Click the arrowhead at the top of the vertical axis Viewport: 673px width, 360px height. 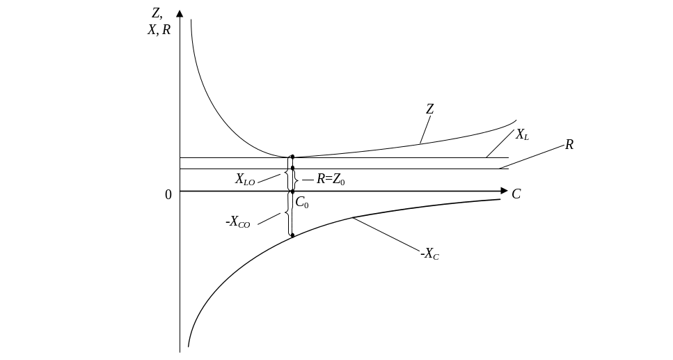(x=180, y=13)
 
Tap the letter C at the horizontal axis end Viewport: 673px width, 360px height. (x=516, y=194)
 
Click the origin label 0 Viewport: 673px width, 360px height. (x=168, y=194)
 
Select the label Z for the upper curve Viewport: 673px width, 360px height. (x=430, y=109)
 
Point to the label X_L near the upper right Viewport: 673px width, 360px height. (x=521, y=135)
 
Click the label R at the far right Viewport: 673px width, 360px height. (x=569, y=145)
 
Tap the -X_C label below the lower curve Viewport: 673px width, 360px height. (x=430, y=255)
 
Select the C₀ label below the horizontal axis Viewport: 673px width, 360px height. (x=302, y=203)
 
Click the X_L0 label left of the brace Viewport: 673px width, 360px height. (x=245, y=180)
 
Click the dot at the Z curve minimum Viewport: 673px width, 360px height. (x=292, y=157)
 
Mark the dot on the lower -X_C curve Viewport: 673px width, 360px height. (x=292, y=236)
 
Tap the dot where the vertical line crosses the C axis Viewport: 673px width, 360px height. (x=292, y=191)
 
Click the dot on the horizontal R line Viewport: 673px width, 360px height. (x=292, y=169)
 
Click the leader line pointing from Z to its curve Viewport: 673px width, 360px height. (x=424, y=129)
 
